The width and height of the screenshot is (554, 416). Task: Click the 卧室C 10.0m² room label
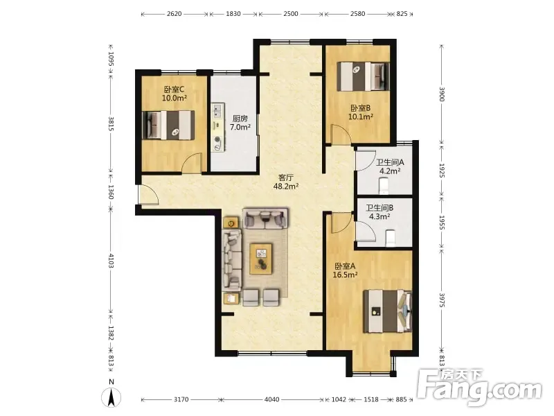click(x=175, y=94)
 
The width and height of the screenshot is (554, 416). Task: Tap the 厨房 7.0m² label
click(x=240, y=123)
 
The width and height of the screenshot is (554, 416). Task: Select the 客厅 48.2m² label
click(x=286, y=182)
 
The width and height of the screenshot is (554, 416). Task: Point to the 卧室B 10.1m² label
click(x=360, y=112)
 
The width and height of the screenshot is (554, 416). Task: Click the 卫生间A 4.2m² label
click(x=390, y=166)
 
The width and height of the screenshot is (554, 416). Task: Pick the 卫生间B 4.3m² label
click(x=379, y=212)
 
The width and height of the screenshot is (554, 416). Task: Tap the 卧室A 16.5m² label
click(x=345, y=270)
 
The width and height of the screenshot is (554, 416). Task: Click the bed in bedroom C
click(x=168, y=125)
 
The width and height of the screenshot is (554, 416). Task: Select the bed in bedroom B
click(x=363, y=76)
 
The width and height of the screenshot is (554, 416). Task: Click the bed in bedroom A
click(x=388, y=311)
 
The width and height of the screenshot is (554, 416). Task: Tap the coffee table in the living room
click(x=261, y=259)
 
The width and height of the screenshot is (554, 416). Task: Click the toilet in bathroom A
click(x=384, y=186)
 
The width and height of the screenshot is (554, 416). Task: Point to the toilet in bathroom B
click(x=389, y=238)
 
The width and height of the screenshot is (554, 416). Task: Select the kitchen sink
click(x=217, y=110)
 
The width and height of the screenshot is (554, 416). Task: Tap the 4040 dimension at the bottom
click(x=271, y=399)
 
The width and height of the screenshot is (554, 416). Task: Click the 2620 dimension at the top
click(x=175, y=14)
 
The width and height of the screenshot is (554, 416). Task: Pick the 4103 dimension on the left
click(x=111, y=261)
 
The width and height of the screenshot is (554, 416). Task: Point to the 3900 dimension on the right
click(x=442, y=94)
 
